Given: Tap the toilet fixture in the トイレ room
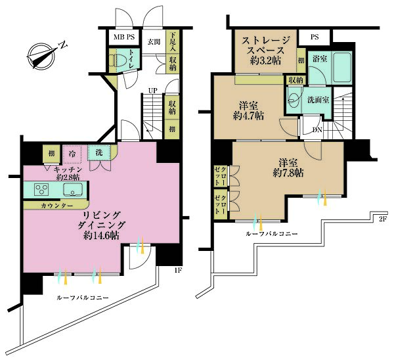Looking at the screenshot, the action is point(116,60).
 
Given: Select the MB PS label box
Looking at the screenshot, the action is point(124,37).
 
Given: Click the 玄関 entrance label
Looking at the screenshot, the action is point(154,42).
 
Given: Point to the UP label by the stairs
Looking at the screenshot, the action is point(152,91).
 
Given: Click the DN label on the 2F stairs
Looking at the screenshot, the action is point(317,129).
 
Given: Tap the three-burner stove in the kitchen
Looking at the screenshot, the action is point(41,189).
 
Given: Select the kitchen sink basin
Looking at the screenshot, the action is point(73,190).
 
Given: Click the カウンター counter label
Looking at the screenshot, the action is point(56,206).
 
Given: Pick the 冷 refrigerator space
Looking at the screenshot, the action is point(72,154).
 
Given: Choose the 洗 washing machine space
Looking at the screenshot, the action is point(98,152).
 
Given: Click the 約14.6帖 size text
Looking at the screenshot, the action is point(102,235).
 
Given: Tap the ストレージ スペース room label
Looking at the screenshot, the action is point(265,45).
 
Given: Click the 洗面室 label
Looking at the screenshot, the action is point(318,100).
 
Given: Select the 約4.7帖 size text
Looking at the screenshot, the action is point(248,116).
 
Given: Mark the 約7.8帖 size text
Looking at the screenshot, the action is point(288,173).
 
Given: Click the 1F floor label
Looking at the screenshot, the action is point(179,270).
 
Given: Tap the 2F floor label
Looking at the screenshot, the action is point(382,219).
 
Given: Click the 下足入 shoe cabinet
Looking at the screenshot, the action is point(173,42).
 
